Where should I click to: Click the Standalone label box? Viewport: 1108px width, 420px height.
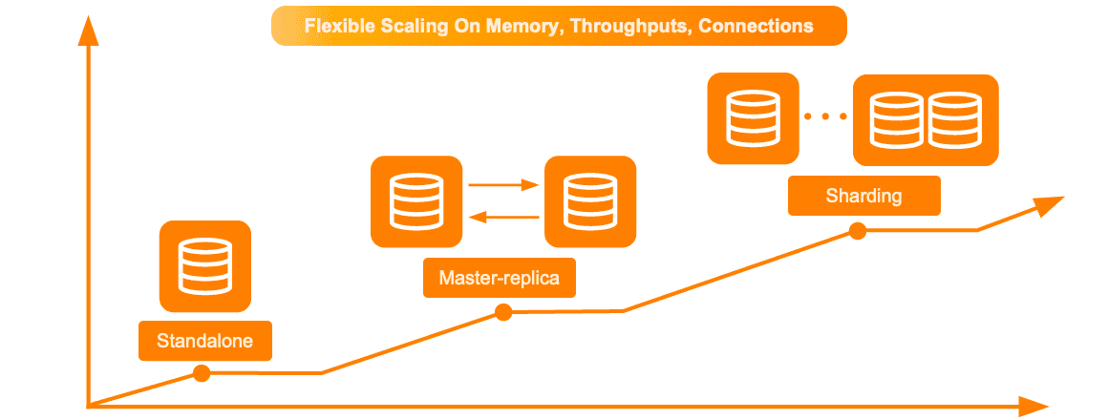coord(205,341)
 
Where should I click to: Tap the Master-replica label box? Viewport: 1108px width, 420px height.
coord(500,279)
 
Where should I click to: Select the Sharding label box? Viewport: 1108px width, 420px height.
coord(863,197)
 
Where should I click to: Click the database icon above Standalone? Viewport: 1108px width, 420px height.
coord(205,266)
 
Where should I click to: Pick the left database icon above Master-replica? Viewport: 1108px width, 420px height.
coord(415,201)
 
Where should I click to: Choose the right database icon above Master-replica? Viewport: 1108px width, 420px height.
coord(589,201)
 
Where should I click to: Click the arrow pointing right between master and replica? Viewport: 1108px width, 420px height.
coord(503,185)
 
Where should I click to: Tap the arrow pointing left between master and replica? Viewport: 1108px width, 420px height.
coord(503,218)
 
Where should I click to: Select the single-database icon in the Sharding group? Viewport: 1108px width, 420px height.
coord(752,118)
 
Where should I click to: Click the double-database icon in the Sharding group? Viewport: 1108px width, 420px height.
coord(925,118)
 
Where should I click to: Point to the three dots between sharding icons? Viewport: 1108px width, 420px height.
coord(825,117)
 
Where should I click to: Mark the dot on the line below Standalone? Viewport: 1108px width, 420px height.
coord(202,373)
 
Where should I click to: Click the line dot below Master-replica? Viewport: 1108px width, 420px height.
coord(503,312)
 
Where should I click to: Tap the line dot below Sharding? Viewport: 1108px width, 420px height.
coord(858,230)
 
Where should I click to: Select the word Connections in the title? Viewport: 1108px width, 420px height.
coord(756,26)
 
